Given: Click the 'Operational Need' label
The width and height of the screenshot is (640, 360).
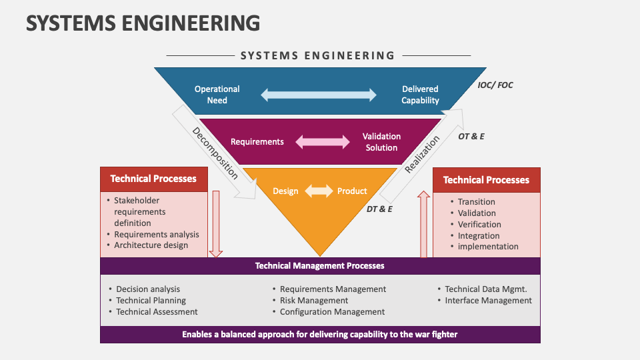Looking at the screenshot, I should click(x=217, y=95).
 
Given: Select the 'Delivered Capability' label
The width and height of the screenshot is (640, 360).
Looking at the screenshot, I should click(x=420, y=95).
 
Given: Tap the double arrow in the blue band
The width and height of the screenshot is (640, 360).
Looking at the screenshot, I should click(x=319, y=95).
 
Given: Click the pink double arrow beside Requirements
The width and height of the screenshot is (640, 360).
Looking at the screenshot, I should click(x=323, y=142).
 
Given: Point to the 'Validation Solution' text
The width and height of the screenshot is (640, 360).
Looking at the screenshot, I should click(x=381, y=142).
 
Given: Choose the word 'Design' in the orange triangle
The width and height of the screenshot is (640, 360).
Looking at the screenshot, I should click(x=285, y=191).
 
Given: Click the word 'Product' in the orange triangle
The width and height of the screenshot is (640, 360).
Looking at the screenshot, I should click(x=352, y=191).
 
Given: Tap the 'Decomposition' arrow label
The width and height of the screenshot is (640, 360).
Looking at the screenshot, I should click(x=215, y=153).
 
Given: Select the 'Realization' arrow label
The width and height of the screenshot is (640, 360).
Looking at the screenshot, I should click(x=423, y=154).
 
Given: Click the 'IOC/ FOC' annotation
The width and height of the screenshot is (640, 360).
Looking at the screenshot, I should click(x=495, y=85).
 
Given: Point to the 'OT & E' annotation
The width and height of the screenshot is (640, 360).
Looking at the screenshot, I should click(x=471, y=136).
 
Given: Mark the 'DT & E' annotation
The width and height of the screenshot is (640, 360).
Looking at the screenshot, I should click(x=379, y=209).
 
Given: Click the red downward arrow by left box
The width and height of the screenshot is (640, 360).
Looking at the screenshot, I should click(x=215, y=224).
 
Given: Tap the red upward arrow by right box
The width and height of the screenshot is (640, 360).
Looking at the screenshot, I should click(x=423, y=224).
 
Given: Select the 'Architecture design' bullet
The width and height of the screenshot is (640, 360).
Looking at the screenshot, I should click(x=151, y=245).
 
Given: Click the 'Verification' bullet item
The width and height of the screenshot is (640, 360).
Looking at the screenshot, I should click(x=479, y=225).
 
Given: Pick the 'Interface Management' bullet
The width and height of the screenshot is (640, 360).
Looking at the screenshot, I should click(x=488, y=301).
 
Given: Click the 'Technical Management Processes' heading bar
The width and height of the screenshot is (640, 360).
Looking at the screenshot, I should click(x=320, y=265).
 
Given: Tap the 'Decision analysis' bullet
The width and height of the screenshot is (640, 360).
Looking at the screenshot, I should click(x=148, y=289).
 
